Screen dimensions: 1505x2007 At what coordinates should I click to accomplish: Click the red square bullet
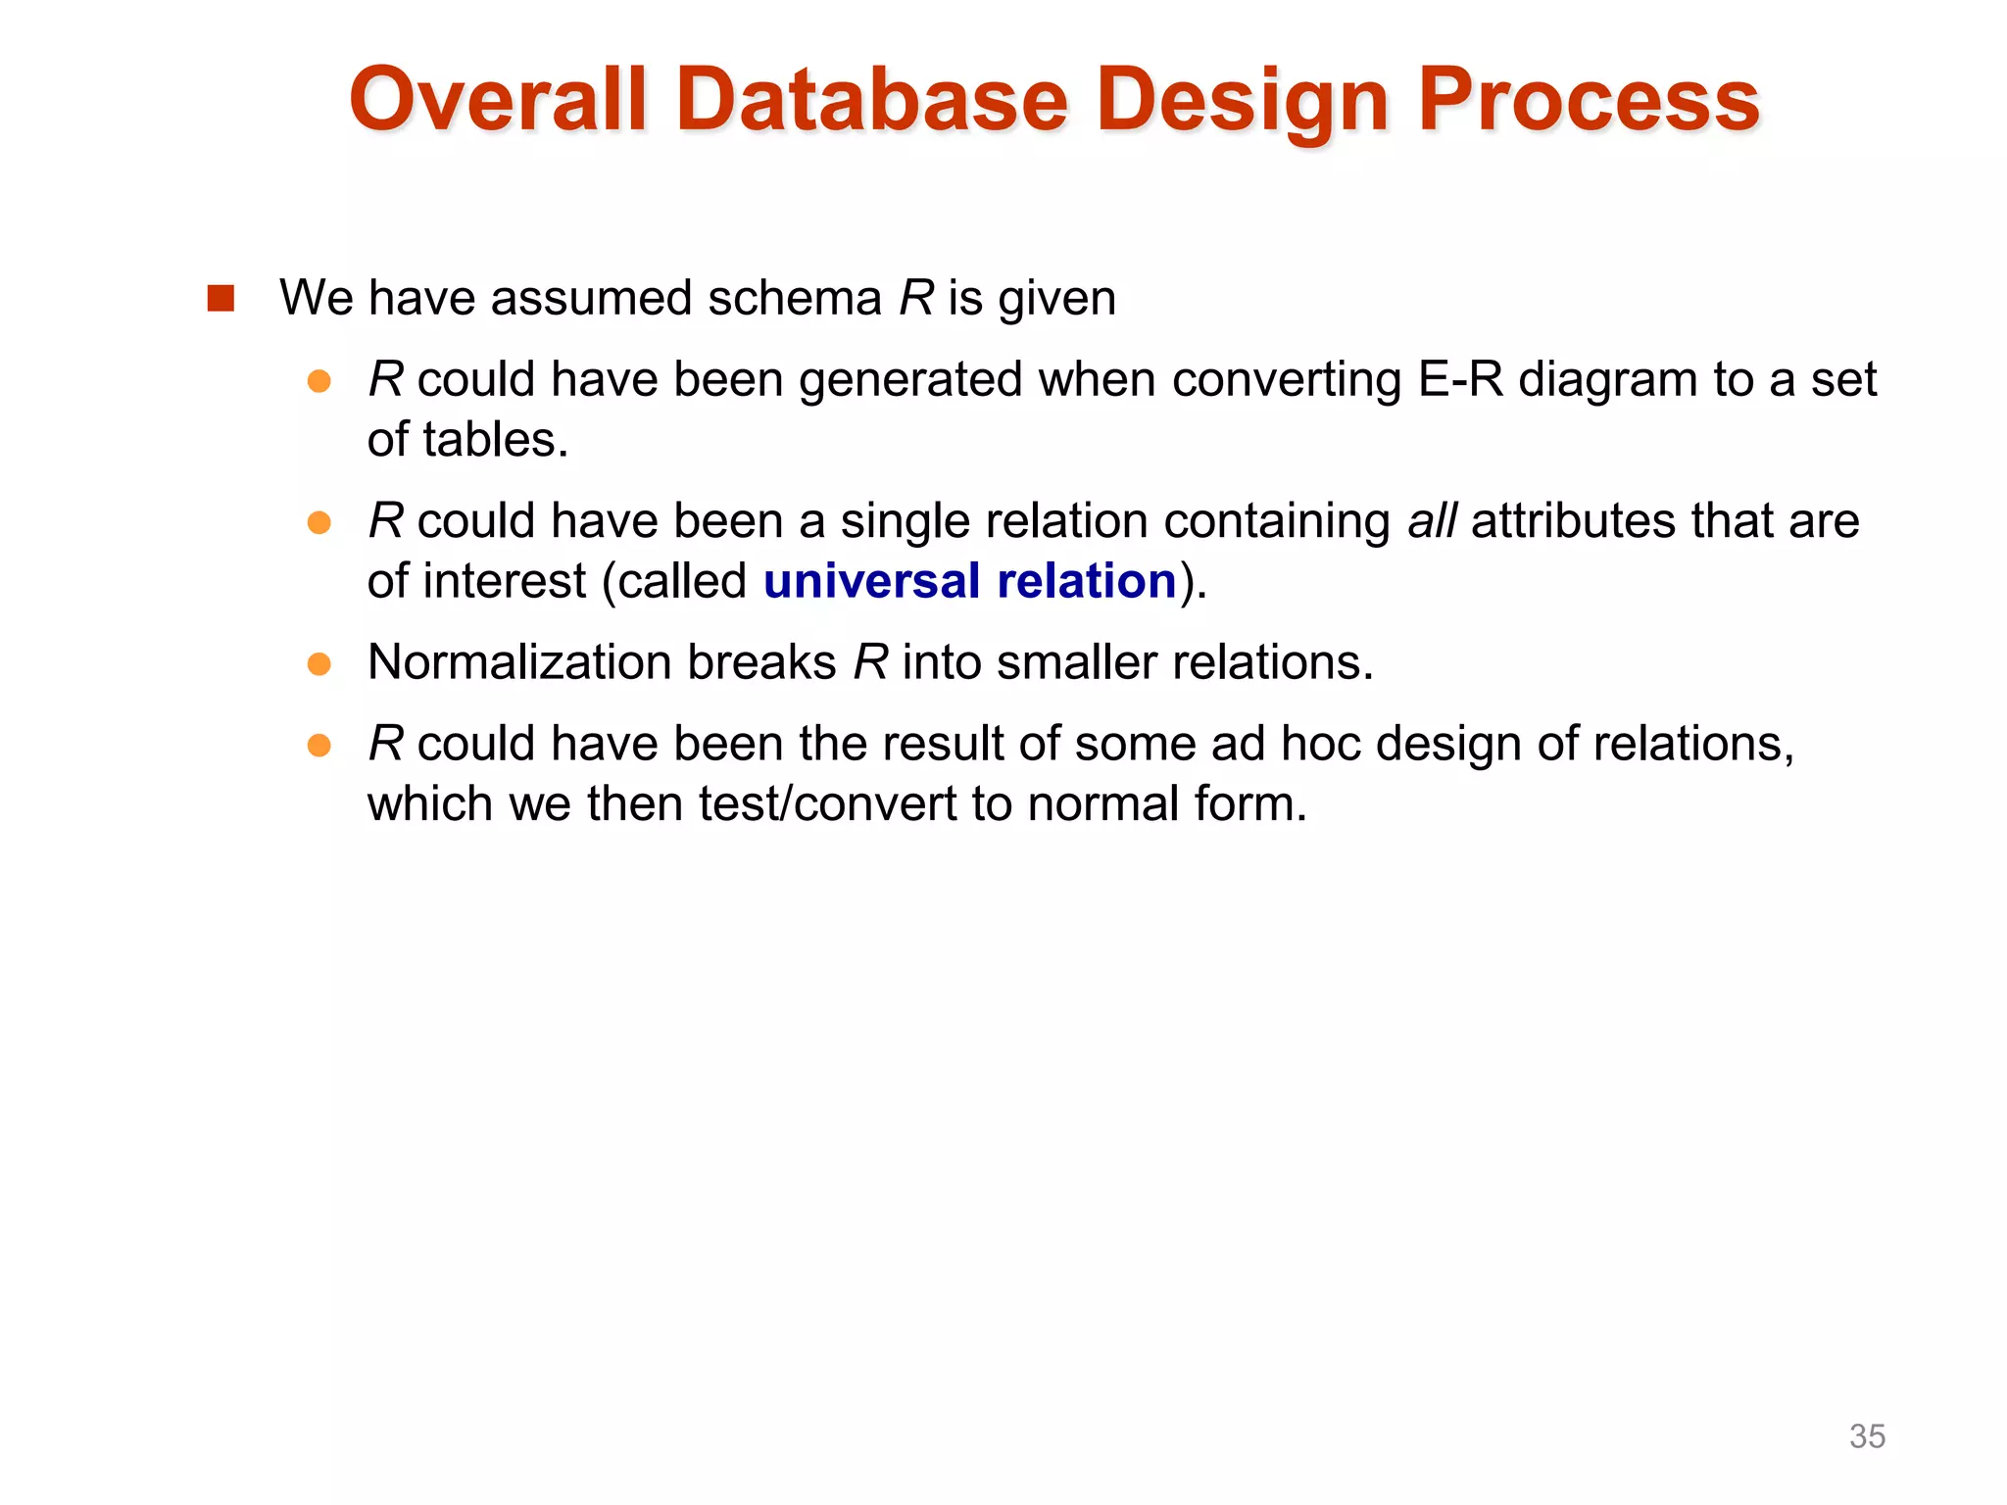[x=221, y=298]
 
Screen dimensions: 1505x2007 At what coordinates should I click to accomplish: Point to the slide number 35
[x=1866, y=1435]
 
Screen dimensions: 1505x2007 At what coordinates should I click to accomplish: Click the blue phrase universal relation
[x=969, y=581]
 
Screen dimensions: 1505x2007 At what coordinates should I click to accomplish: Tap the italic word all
[x=1431, y=520]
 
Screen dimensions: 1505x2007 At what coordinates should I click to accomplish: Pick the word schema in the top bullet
[x=794, y=298]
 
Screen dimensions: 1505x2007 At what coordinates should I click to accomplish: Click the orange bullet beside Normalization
[x=318, y=664]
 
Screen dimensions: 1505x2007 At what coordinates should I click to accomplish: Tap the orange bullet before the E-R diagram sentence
[x=318, y=381]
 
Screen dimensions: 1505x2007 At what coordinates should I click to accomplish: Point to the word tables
[x=495, y=440]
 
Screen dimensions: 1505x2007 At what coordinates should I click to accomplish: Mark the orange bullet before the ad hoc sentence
[x=318, y=746]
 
